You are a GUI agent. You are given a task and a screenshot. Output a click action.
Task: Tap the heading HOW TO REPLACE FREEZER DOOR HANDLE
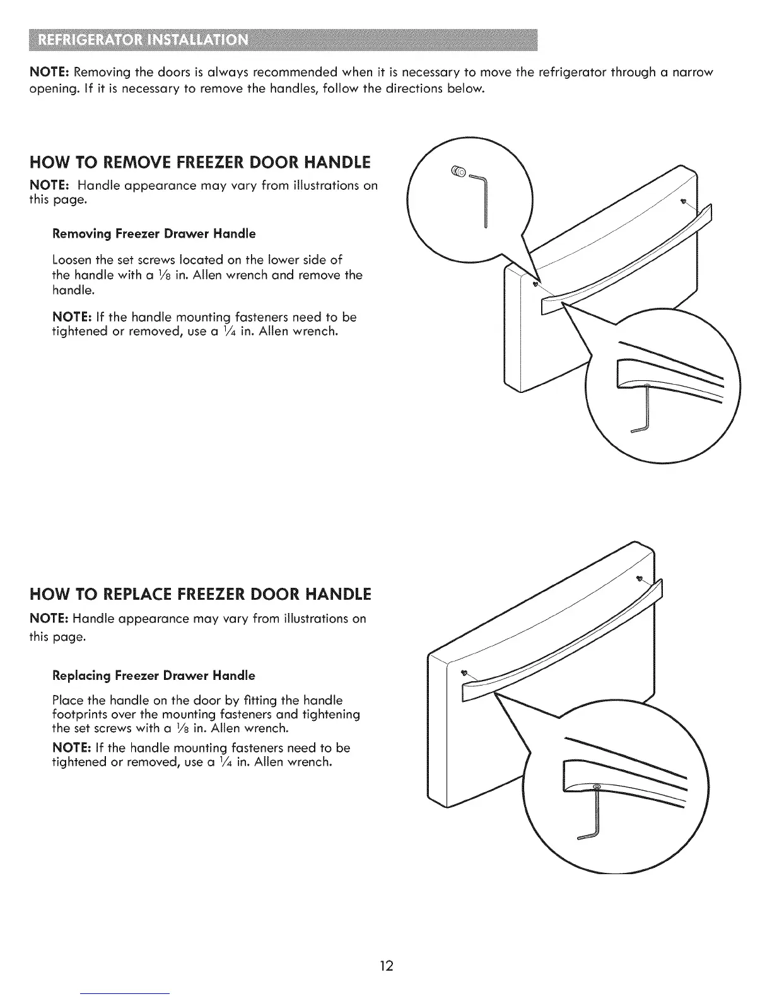point(201,595)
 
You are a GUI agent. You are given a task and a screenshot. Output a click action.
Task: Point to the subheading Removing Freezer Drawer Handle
point(154,234)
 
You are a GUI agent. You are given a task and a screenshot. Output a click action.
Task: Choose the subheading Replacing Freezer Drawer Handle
point(154,675)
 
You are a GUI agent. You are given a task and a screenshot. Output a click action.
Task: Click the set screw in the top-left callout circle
point(459,170)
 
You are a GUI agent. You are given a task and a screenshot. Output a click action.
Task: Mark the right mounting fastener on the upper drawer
point(683,202)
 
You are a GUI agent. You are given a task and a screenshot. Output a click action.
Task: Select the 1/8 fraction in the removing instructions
point(164,276)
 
